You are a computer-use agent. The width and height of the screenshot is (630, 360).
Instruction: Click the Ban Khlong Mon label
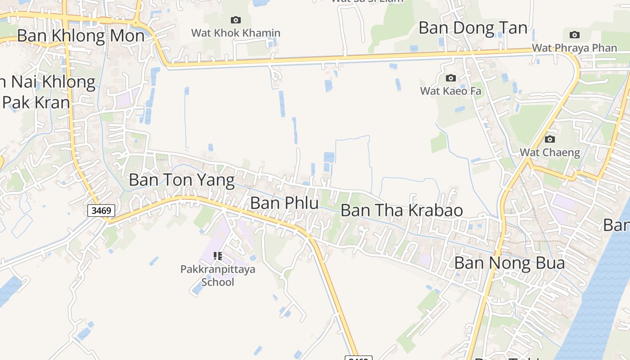81,36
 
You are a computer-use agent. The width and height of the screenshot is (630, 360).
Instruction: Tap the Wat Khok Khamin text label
235,33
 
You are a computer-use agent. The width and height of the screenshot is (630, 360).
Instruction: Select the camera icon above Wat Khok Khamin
235,20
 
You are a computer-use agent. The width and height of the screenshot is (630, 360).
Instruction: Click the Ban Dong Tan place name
473,28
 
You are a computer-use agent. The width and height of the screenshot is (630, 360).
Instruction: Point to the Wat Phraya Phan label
574,48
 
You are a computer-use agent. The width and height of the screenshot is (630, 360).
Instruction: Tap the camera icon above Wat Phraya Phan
574,35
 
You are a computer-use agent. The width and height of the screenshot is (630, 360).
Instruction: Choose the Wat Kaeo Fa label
450,91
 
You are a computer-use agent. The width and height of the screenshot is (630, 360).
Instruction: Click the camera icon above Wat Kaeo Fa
450,78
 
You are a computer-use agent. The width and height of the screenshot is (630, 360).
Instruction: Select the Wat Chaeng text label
550,152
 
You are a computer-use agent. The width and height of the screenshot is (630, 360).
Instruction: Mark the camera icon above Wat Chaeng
550,139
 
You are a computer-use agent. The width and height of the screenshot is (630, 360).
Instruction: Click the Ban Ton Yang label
182,180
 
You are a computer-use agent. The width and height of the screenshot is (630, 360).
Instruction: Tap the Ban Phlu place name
284,203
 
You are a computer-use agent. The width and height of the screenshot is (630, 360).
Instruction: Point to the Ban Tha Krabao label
401,210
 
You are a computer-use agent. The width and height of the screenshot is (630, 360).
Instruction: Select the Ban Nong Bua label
509,263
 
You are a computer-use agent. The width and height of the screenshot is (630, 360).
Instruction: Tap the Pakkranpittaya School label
218,275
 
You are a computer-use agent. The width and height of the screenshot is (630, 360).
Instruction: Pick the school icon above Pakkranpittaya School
218,256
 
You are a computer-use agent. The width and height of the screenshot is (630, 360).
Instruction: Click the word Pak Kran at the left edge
36,102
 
